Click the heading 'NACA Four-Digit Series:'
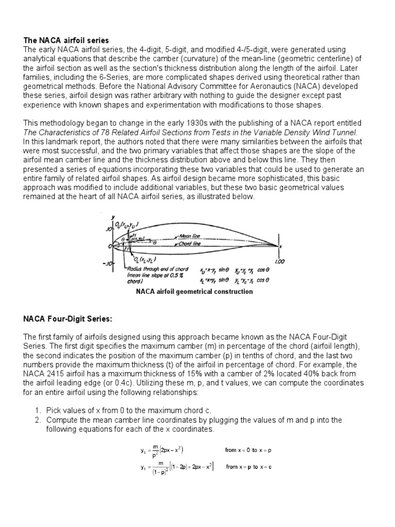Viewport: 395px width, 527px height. [68, 319]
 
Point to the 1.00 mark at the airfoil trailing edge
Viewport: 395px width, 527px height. [279, 261]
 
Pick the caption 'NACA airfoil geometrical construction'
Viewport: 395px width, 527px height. [194, 292]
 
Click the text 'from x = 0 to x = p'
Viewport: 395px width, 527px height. [249, 450]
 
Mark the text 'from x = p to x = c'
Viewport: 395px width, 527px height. [249, 467]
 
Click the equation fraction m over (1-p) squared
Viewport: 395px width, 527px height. [152, 467]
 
